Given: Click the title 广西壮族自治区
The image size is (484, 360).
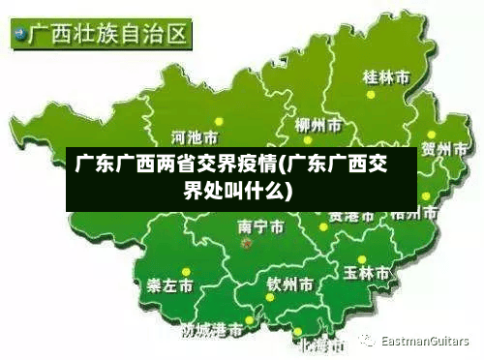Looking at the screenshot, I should click(x=108, y=37).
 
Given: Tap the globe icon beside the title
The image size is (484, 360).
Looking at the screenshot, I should click(x=19, y=37).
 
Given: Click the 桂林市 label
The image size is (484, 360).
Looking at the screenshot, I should click(x=385, y=76).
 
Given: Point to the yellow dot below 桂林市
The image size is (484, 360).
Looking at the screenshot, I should click(x=369, y=95).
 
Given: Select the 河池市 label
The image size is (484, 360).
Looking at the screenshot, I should click(x=195, y=135).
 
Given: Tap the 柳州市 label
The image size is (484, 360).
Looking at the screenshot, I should click(x=318, y=126).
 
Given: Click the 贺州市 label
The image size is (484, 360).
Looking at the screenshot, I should click(x=447, y=149).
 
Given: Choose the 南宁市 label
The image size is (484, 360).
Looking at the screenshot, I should click(x=260, y=227).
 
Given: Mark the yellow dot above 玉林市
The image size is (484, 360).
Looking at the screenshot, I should click(x=361, y=259).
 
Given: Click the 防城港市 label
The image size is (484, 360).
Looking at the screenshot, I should click(x=212, y=331).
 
